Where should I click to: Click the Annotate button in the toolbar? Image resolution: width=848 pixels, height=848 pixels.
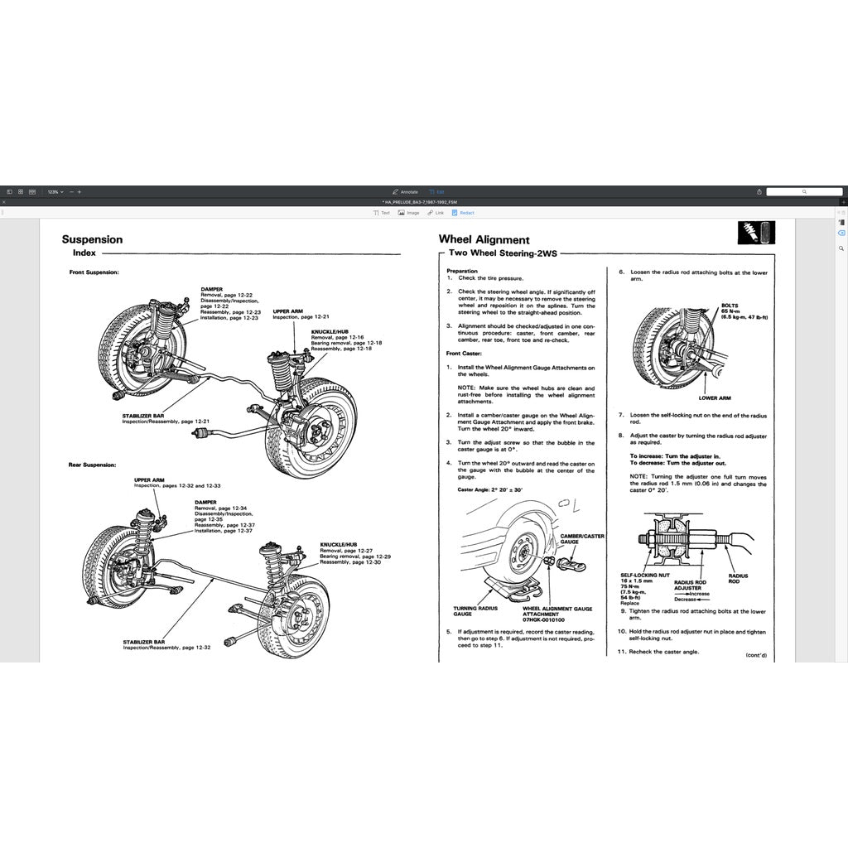(406, 191)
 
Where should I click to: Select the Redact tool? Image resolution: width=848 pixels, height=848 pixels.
(463, 213)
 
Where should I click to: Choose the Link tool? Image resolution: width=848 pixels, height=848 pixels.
(436, 213)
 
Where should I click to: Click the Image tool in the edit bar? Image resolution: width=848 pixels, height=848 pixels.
(408, 213)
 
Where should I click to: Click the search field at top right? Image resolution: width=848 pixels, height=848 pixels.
(803, 191)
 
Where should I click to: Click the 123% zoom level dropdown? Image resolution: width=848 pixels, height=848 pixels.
(55, 191)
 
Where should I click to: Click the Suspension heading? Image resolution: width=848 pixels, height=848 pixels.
(92, 239)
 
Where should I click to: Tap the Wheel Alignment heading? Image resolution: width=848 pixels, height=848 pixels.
(484, 239)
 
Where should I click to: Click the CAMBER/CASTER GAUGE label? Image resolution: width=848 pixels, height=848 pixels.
(582, 538)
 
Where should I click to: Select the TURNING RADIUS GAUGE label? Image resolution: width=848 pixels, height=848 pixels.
(475, 611)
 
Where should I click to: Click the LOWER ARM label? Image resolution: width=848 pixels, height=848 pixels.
(715, 397)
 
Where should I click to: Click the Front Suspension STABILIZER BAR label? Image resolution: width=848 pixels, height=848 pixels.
(143, 417)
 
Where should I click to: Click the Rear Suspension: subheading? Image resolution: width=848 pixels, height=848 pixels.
(92, 465)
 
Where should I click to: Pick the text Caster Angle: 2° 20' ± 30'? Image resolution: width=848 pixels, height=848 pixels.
(490, 489)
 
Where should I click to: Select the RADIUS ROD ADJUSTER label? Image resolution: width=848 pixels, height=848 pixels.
(690, 585)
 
